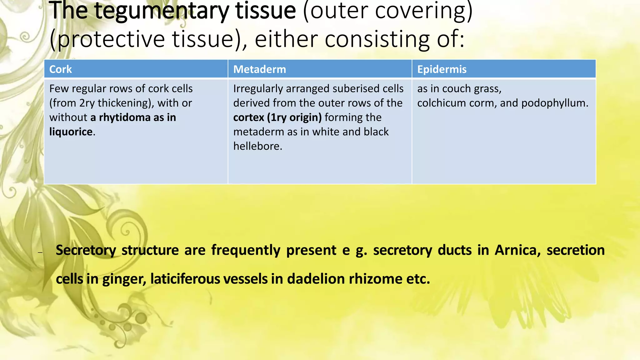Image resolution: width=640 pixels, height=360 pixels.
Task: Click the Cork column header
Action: point(61,69)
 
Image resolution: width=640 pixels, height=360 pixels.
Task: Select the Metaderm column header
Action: point(259,69)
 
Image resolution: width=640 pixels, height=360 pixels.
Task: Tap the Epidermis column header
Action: point(442,69)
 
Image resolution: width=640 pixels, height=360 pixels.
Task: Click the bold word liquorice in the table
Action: point(71,132)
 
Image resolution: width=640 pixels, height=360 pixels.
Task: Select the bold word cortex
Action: point(248,117)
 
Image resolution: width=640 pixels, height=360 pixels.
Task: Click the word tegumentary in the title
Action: point(162,11)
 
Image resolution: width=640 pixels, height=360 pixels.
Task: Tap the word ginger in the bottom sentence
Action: point(124,279)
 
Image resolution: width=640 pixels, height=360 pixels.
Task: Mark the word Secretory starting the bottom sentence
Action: point(86,250)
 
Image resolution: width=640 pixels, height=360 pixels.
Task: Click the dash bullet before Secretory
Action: point(40,252)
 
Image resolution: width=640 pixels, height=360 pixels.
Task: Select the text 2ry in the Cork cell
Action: point(87,103)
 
